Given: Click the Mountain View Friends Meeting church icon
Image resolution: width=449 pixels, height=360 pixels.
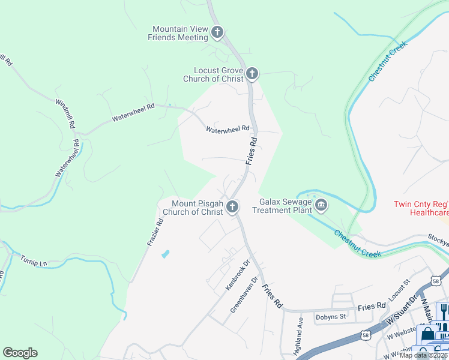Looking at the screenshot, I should pos(217,32).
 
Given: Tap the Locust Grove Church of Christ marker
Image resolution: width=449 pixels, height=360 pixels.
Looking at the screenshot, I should pos(252,74).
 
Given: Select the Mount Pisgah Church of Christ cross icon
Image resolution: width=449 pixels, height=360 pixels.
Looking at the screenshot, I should pos(232,207).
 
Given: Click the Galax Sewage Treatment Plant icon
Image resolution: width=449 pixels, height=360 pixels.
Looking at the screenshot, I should pos(321,206).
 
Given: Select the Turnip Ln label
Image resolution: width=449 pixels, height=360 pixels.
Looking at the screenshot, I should pos(34,262).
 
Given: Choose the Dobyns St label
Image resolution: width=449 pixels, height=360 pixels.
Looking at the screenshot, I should pos(331,316).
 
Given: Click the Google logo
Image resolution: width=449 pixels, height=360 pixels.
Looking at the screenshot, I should pos(20,353).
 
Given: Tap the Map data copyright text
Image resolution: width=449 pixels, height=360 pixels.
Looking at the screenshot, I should pos(424,355).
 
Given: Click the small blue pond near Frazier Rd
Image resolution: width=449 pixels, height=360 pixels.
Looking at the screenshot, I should pos(165,254).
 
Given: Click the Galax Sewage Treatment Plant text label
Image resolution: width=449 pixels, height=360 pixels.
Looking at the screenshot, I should pos(282,206).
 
